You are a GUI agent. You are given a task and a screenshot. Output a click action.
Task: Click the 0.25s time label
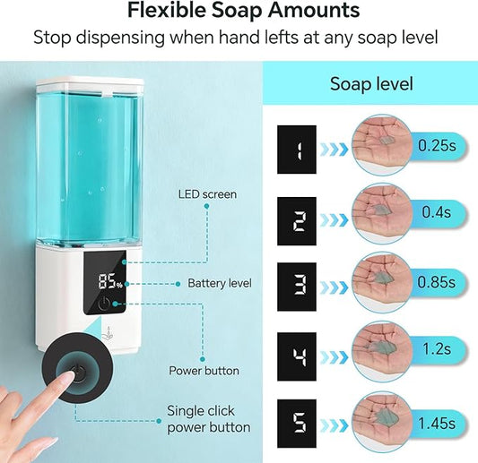436,143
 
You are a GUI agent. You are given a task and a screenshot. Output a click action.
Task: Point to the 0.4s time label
436,213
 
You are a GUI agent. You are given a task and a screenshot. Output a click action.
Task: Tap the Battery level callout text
220,283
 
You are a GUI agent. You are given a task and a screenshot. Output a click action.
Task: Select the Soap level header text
371,85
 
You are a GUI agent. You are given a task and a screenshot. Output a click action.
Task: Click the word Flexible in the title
164,12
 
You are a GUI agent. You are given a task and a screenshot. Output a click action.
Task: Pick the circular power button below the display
106,304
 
